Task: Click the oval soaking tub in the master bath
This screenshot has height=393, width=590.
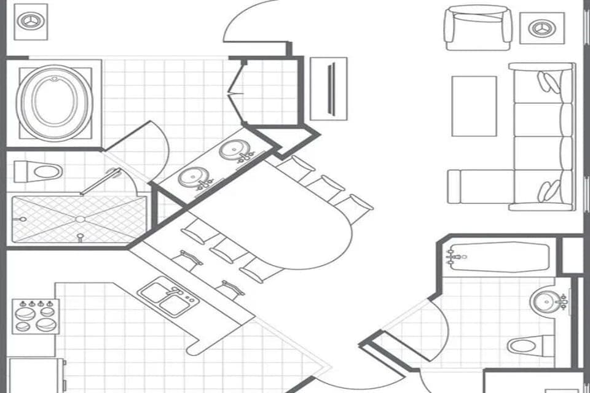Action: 55,101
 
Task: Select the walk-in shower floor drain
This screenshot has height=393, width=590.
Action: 79,219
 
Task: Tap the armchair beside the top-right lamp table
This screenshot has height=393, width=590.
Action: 478,27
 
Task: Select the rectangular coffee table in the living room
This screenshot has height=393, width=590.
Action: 474,106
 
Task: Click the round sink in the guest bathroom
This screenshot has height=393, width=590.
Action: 545,302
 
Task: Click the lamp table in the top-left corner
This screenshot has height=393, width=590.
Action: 30,21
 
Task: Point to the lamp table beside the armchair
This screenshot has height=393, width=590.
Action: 541,28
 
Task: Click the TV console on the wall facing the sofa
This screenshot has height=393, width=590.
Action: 329,88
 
